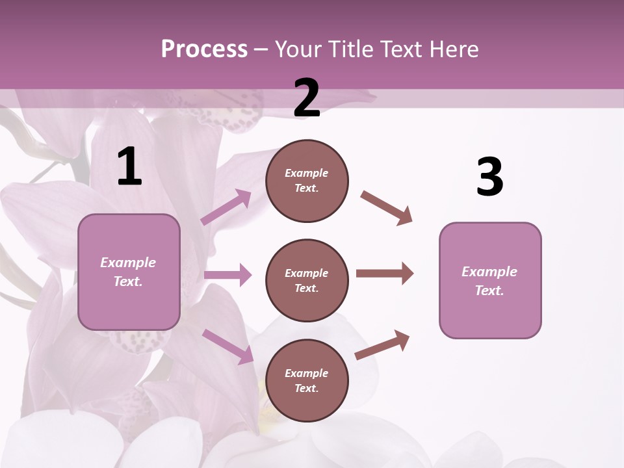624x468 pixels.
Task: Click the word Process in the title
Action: click(x=204, y=49)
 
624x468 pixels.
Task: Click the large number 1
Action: click(x=129, y=166)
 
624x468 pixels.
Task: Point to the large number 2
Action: click(x=307, y=98)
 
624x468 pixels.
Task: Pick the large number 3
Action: click(x=489, y=177)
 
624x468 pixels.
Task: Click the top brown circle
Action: click(x=307, y=181)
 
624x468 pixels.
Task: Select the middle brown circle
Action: click(x=307, y=280)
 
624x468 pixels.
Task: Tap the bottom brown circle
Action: click(x=307, y=380)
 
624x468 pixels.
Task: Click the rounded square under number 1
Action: click(x=129, y=272)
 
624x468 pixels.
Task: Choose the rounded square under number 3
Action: click(x=490, y=280)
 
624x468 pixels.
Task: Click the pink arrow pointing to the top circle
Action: click(x=226, y=207)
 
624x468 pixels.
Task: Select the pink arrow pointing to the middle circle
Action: click(x=227, y=275)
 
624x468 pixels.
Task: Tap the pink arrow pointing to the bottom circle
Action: click(x=227, y=346)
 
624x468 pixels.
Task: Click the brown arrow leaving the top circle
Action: click(x=386, y=208)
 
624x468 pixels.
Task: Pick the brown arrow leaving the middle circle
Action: click(x=385, y=274)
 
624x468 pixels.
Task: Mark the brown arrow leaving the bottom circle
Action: click(x=382, y=344)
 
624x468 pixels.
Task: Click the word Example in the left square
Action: click(x=128, y=263)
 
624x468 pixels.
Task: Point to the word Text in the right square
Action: click(x=489, y=291)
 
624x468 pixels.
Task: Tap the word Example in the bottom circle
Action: click(x=306, y=373)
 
